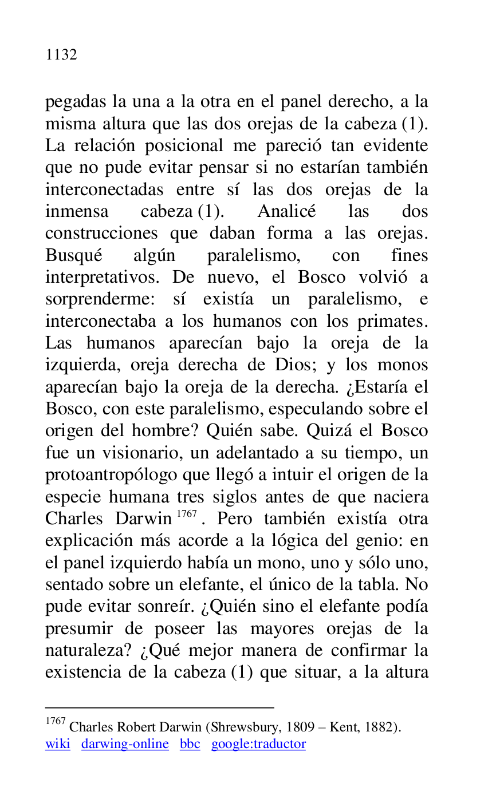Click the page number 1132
[x=61, y=55]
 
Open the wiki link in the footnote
[x=57, y=744]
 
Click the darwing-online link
[x=125, y=744]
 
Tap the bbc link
[x=190, y=744]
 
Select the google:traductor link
[x=258, y=744]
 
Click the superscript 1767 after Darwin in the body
[x=187, y=515]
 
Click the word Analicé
[x=286, y=212]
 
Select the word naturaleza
[x=86, y=651]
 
